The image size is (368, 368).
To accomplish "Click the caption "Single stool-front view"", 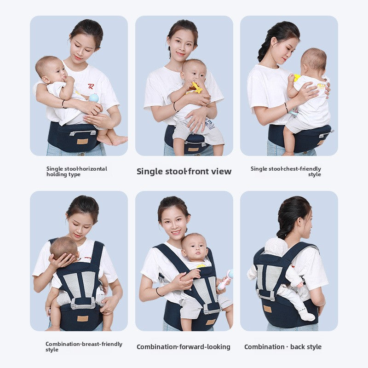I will pos(184,172).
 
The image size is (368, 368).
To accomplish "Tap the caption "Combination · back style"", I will pos(283,347).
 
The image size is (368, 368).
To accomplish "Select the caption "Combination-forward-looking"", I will pos(184,347).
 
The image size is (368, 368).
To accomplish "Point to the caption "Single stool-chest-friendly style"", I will pos(286,172).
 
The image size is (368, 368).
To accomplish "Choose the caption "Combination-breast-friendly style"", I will pos(84,347).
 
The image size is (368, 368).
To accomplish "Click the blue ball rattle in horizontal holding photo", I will pos(94,98).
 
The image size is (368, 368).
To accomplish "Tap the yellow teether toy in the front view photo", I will pos(196,87).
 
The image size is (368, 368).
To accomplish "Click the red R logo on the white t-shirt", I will pos(92,86).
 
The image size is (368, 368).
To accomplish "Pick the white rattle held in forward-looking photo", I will pos(225,280).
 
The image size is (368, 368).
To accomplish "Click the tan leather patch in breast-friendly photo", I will pos(82,318).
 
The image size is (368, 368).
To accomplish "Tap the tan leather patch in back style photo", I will pos(267,309).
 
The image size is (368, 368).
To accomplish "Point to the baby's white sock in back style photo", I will pos(307,316).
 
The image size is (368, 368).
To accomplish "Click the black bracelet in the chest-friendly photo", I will pos(286,108).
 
